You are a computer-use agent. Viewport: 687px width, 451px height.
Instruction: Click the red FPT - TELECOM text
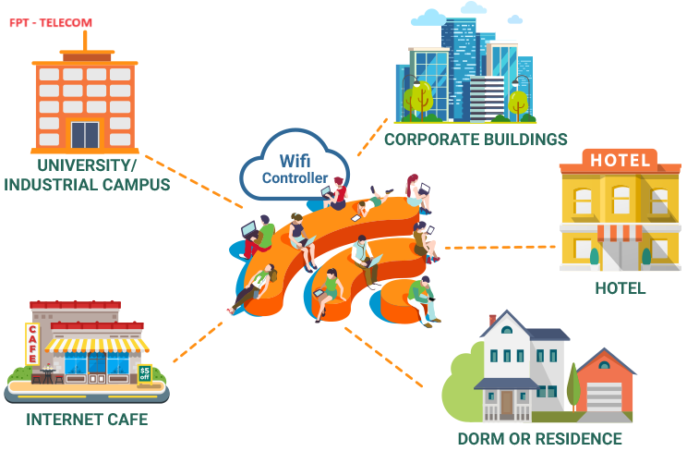(51, 22)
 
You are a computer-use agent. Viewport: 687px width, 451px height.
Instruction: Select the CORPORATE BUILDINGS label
(476, 140)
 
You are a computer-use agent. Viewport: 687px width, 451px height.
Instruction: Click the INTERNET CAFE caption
(87, 420)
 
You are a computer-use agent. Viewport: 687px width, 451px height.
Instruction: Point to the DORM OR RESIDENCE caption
(540, 439)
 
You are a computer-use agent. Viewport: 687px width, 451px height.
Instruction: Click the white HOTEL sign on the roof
(620, 160)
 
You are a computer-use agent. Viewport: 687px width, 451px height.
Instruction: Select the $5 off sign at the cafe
(145, 374)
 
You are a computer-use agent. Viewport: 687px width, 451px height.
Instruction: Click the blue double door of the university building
(85, 135)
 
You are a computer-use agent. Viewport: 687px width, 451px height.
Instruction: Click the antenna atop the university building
(85, 41)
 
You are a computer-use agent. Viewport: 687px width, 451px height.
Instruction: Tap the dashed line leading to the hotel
(500, 248)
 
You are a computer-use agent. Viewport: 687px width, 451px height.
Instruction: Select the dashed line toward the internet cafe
(198, 342)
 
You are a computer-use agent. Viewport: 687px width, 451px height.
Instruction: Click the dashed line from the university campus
(194, 181)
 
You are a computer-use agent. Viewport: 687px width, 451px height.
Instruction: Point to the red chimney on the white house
(492, 320)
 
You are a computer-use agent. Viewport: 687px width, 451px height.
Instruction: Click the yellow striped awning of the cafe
(96, 346)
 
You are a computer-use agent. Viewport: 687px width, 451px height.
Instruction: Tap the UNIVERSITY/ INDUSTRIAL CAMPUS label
(87, 175)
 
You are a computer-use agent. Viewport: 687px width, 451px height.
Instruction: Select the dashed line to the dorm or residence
(384, 357)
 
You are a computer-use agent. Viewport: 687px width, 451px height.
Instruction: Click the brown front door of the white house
(507, 403)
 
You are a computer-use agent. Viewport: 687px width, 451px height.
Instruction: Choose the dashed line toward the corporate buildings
(372, 137)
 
